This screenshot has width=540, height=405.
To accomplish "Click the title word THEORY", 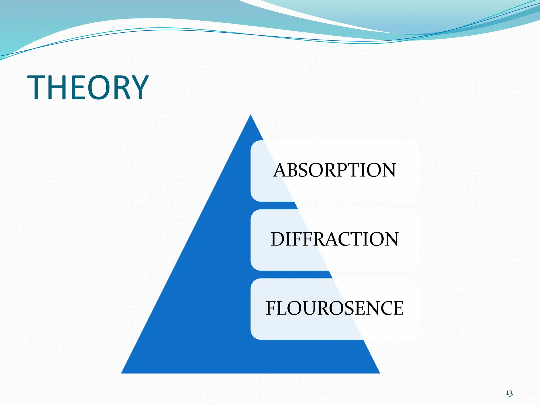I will tap(88, 88).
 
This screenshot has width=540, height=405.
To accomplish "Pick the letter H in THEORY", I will tap(57, 88).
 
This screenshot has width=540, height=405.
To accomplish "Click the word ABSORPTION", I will tap(334, 170).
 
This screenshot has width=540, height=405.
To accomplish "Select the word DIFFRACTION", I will tap(334, 239).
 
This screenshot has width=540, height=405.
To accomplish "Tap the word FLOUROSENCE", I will tap(334, 308).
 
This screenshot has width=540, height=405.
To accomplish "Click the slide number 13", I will tap(509, 393).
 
